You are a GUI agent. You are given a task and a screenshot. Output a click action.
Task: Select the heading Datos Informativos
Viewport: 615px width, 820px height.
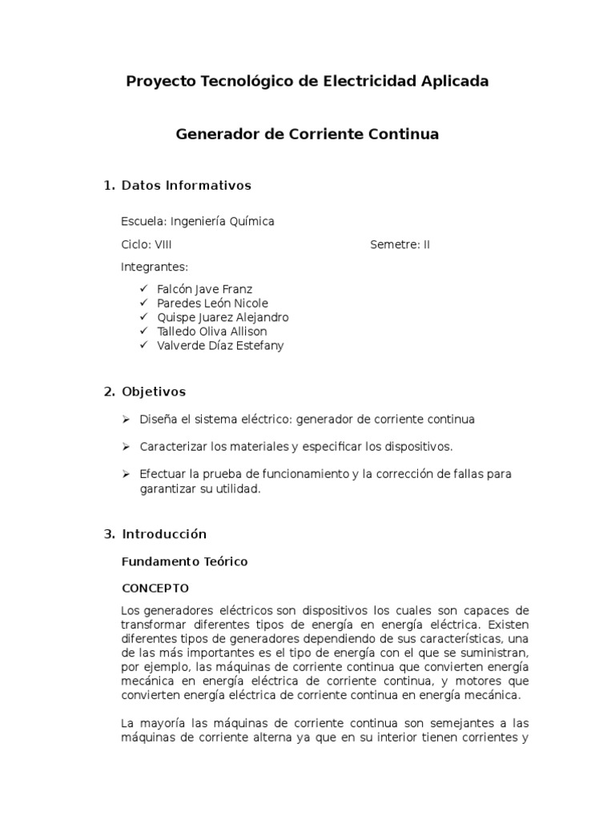coord(186,186)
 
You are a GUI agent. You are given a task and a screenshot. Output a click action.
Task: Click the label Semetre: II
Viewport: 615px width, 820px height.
coord(400,244)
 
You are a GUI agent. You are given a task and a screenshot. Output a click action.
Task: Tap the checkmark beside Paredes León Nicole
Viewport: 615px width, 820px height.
coord(143,303)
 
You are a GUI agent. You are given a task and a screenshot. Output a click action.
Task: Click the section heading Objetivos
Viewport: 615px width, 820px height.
coord(154,392)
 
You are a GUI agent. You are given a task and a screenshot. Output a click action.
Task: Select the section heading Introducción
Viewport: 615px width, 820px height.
coord(164,534)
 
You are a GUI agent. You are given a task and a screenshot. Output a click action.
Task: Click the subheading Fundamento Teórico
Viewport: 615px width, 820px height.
coord(184,561)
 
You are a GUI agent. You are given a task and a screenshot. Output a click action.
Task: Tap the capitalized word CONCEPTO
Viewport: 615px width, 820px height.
coord(155,588)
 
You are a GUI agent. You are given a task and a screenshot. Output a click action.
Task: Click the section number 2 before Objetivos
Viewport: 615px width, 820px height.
coord(109,392)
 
